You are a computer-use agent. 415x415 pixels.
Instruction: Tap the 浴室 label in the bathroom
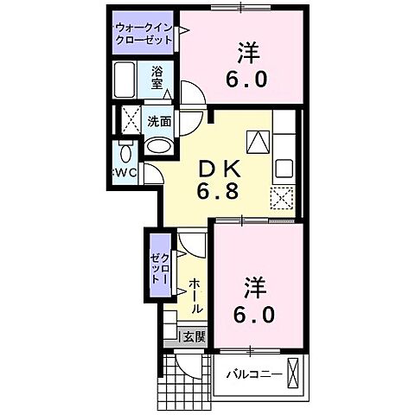[x=157, y=78]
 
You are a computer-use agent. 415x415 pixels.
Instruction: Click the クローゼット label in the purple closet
[x=160, y=268]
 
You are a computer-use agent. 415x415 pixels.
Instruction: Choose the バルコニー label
[x=252, y=375]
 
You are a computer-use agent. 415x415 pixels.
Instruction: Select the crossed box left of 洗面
[x=131, y=120]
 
